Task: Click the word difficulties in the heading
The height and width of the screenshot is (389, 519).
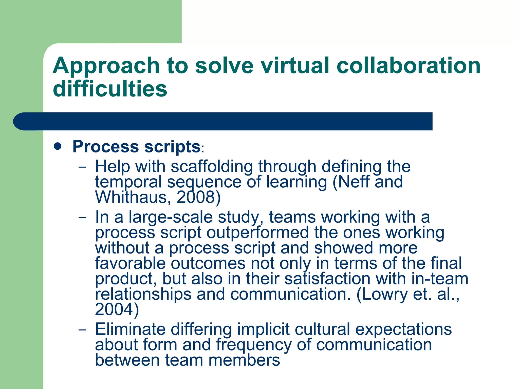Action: (110, 89)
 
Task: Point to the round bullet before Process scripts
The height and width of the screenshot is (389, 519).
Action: (58, 146)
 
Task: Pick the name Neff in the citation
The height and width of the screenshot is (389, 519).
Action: (353, 182)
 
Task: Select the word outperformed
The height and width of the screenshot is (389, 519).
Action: (258, 232)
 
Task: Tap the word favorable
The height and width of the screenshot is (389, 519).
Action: (130, 263)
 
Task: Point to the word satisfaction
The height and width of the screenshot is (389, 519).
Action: (327, 279)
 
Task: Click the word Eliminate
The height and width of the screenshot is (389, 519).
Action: (130, 329)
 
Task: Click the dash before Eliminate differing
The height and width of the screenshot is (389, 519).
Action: (82, 330)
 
